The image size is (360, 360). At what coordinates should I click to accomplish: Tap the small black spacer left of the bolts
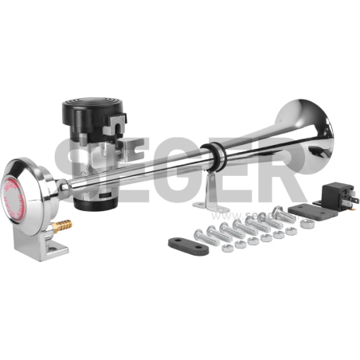pos(180,242)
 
